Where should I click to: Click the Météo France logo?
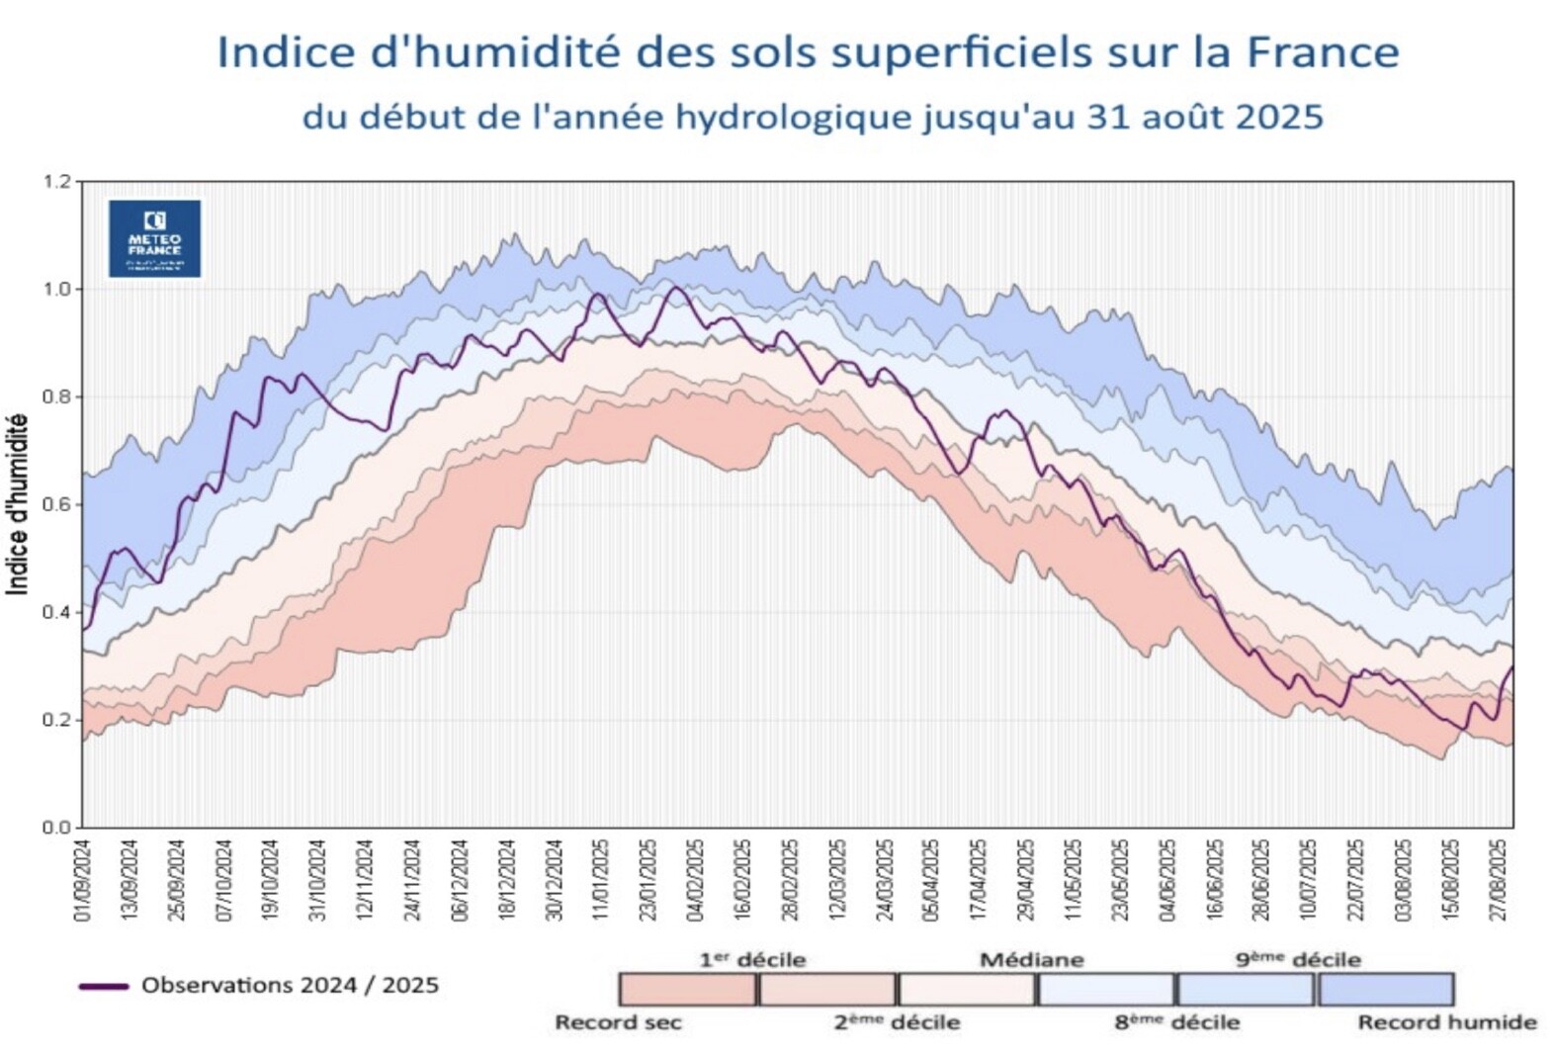[x=154, y=238]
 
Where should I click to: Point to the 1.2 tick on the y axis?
[x=57, y=182]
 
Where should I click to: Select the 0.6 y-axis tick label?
[x=57, y=505]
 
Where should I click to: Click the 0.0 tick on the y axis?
[x=57, y=828]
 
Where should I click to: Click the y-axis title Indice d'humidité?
[x=17, y=504]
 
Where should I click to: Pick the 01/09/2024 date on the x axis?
[x=83, y=881]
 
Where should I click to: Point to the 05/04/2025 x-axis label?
[x=930, y=881]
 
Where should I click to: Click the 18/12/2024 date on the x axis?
[x=507, y=881]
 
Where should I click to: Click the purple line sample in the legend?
[x=103, y=986]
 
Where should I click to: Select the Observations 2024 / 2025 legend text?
[x=290, y=986]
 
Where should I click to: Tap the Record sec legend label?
[x=618, y=1022]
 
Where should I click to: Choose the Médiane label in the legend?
[x=1031, y=960]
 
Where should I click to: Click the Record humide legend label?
[x=1446, y=1022]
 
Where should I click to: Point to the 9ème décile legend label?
[x=1297, y=960]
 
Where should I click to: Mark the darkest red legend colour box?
[x=687, y=990]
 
